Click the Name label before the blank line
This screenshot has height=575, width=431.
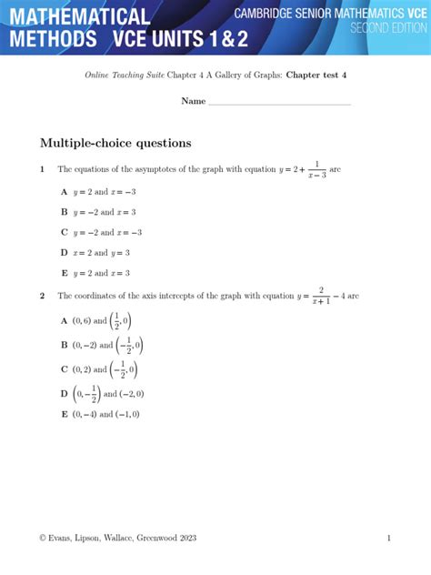[x=193, y=101]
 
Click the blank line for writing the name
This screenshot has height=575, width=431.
[x=279, y=104]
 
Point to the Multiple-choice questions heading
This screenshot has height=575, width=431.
[x=115, y=143]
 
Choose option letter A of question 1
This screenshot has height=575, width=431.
[x=64, y=192]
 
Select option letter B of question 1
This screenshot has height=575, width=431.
[x=64, y=212]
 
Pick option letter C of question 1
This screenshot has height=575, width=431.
[x=64, y=232]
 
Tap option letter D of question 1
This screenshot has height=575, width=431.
[x=64, y=252]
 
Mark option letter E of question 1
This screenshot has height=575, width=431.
[x=64, y=273]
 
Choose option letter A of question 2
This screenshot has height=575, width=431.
[x=64, y=320]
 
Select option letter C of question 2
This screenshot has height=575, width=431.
[x=64, y=369]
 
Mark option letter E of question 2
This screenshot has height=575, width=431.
[x=64, y=414]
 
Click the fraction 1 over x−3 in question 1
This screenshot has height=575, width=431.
[x=316, y=169]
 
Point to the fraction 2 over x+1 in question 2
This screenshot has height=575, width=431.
[x=320, y=295]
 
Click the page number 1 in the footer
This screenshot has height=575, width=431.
[x=388, y=538]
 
